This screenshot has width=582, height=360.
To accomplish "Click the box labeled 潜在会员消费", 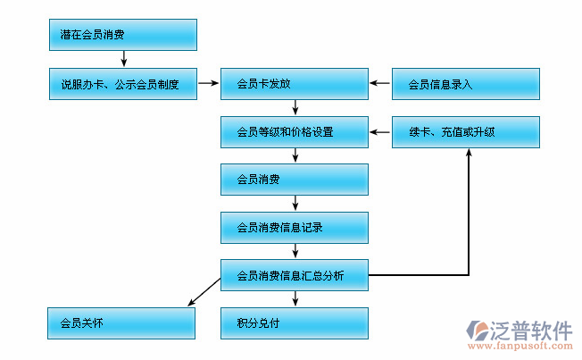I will coord(122,35).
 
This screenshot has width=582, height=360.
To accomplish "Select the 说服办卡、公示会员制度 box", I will coord(122,84).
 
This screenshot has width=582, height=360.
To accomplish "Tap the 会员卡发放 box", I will coord(295,84).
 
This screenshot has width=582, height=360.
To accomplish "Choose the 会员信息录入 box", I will coord(466,84).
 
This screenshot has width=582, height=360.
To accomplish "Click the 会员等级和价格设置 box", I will coord(295,132).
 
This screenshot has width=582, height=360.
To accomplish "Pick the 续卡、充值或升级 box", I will coord(466,132).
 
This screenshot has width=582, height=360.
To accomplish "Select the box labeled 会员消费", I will coord(295,180).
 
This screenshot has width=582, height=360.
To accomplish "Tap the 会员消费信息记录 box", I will coord(295,228).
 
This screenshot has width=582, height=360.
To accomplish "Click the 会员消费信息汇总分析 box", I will coord(295,275).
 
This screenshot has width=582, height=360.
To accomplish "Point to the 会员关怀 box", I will coord(122,323).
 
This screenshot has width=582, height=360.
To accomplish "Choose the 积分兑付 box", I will coord(295,323).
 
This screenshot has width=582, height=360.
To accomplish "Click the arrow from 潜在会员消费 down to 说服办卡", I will coord(123,59).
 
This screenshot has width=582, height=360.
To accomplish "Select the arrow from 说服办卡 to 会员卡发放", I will coord(208,84).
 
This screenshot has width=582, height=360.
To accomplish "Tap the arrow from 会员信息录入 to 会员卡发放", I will coord(380,84).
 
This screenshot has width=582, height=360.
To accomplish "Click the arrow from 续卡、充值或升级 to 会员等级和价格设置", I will coord(380,132).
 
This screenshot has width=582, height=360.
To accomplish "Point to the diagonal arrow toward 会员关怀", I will coord(204,292).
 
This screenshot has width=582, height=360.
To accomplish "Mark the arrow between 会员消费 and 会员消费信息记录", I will coord(295,204).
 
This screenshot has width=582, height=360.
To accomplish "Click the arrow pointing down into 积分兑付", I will coord(295,299).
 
